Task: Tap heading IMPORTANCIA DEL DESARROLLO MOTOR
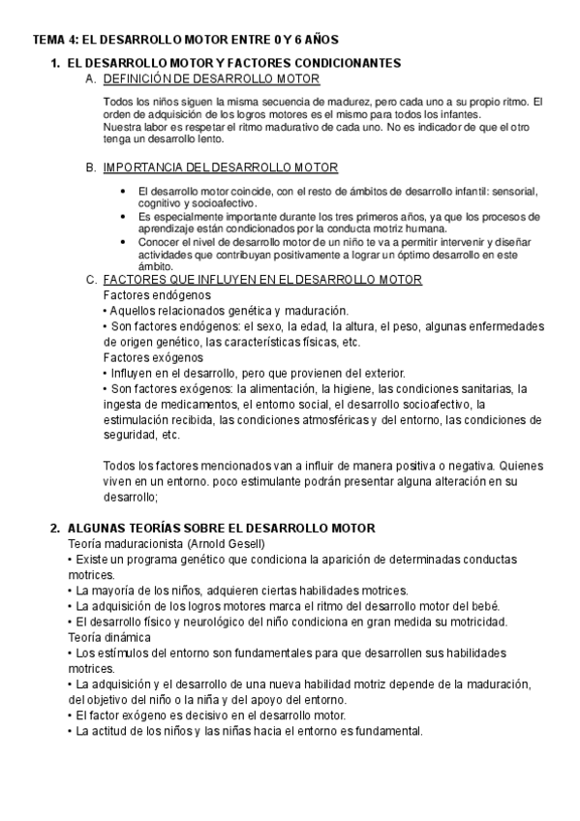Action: tap(220, 167)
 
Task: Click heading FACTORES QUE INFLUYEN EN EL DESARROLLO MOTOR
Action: tap(261, 280)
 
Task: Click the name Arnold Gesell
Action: tap(231, 544)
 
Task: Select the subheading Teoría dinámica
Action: tap(109, 637)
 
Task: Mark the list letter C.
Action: tap(91, 280)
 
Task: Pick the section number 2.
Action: tap(54, 528)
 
